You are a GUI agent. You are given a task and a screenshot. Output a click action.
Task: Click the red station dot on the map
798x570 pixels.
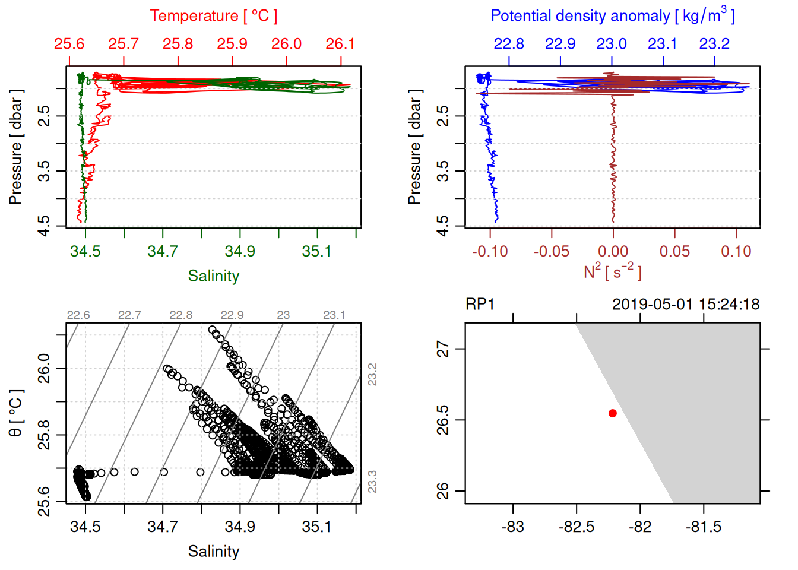[612, 413]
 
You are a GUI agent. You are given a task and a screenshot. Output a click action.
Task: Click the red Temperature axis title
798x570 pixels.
[213, 16]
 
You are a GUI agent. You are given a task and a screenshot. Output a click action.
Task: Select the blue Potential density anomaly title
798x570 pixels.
[612, 15]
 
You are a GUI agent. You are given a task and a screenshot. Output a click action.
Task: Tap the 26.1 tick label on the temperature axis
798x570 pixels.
[340, 44]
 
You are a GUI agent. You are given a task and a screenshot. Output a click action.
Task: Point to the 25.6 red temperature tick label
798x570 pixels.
[69, 44]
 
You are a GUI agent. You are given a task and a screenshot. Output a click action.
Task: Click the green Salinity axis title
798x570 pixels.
[213, 276]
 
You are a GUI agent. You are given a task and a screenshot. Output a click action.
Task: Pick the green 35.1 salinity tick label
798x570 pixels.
[317, 251]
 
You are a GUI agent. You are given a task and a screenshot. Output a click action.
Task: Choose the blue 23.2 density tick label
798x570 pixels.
[714, 44]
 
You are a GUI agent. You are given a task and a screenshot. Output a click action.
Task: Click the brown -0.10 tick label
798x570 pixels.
[490, 252]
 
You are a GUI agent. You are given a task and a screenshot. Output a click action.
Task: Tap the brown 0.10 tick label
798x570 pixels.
[736, 252]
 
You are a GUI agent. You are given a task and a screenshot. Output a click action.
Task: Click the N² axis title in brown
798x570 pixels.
[612, 272]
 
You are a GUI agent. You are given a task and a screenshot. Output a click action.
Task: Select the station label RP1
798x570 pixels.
[480, 305]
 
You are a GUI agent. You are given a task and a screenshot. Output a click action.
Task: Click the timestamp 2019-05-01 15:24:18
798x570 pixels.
[686, 305]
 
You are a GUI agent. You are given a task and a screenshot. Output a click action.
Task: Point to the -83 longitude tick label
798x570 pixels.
[512, 527]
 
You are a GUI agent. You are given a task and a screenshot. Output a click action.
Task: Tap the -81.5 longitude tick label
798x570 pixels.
[704, 527]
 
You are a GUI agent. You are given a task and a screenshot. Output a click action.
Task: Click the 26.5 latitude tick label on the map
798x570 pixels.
[443, 420]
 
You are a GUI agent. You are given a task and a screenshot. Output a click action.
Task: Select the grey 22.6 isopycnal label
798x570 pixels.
[78, 315]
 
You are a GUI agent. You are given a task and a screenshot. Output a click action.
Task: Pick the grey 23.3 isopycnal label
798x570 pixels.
[372, 481]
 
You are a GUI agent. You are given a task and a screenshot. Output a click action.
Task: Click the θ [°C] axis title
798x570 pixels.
[16, 413]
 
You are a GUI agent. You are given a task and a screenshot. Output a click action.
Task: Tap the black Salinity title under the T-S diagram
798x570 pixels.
[213, 552]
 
